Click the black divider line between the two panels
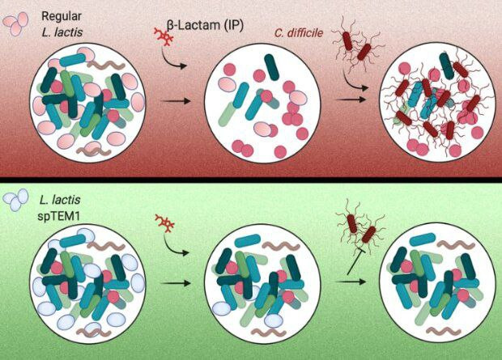point(251,176)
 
